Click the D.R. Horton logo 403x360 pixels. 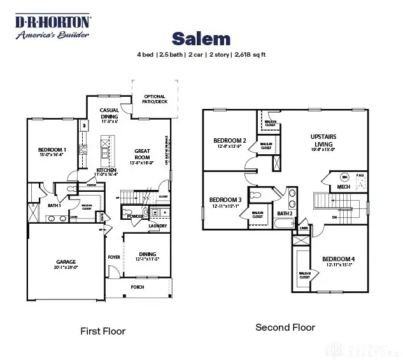[x=53, y=27]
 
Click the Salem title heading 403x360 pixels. [x=201, y=39]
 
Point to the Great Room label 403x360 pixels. [x=141, y=154]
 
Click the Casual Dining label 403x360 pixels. [x=110, y=113]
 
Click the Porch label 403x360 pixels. [x=137, y=287]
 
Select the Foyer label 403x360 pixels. [x=114, y=257]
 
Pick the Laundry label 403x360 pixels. [x=157, y=226]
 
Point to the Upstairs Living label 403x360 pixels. [x=323, y=140]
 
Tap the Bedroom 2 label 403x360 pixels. [x=229, y=141]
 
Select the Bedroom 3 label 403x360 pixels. [x=225, y=200]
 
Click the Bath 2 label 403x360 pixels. [x=285, y=213]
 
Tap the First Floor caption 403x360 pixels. [x=103, y=331]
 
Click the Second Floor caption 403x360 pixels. [x=285, y=328]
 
